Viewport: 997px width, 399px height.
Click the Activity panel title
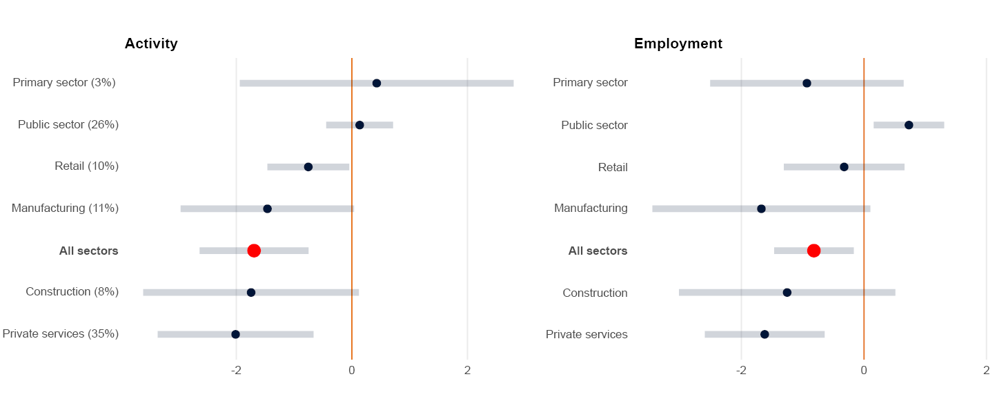(x=151, y=43)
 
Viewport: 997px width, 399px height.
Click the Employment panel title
(x=678, y=43)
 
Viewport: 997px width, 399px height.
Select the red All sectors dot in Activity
(x=254, y=251)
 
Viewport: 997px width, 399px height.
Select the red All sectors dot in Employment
(x=813, y=251)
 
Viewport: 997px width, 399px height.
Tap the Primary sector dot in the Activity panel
(x=377, y=84)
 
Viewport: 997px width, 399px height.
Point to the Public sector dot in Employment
(x=909, y=125)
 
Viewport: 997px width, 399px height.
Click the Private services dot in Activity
(x=235, y=334)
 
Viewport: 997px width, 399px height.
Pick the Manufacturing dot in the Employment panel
(x=761, y=208)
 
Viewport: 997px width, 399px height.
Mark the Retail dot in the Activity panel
(x=308, y=167)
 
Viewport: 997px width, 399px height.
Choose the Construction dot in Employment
(x=787, y=293)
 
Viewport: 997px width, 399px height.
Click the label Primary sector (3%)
(x=64, y=83)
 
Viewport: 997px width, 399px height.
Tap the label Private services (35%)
(x=61, y=334)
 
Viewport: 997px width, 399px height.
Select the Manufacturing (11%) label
(x=66, y=208)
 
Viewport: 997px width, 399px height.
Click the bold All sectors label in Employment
(x=598, y=251)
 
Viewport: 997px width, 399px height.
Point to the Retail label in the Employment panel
(x=613, y=167)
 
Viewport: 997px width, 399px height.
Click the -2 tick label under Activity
(x=236, y=371)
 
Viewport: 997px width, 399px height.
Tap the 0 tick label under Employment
(x=864, y=371)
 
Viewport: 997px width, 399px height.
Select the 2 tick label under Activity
(x=468, y=371)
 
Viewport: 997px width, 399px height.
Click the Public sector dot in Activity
(x=359, y=125)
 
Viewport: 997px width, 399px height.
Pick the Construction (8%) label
(x=72, y=292)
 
